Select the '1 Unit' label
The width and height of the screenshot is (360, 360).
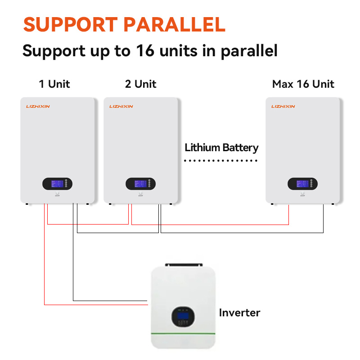[54, 84]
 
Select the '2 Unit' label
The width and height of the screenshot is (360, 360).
[141, 84]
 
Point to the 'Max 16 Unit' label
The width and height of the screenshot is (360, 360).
[303, 84]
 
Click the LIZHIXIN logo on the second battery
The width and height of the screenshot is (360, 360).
[121, 107]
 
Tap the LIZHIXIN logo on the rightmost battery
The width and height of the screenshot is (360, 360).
[283, 107]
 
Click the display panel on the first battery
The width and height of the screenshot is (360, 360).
[57, 184]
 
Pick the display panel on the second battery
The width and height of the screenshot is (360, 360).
[140, 184]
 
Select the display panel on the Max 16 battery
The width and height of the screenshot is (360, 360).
[302, 184]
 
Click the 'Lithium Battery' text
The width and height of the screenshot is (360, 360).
[221, 148]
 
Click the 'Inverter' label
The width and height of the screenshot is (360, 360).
[239, 313]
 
